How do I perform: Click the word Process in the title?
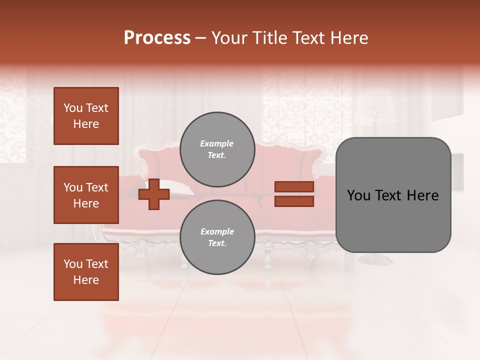(x=157, y=38)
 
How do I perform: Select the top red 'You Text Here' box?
(x=86, y=116)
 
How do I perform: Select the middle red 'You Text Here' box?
(x=86, y=195)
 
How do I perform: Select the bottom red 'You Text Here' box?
(x=86, y=272)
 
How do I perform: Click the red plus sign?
(x=153, y=194)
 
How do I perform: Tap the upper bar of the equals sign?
(x=294, y=186)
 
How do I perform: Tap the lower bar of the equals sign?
(x=294, y=201)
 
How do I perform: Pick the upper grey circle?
(x=217, y=149)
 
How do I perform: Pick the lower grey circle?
(x=217, y=237)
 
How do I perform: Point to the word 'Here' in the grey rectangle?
(x=422, y=195)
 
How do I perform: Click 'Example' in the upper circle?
(x=217, y=143)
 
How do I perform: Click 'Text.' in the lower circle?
(x=217, y=243)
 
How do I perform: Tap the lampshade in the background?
(x=374, y=107)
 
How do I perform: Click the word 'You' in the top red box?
(x=73, y=108)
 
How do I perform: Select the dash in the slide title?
(x=200, y=38)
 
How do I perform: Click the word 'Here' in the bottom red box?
(x=86, y=280)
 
